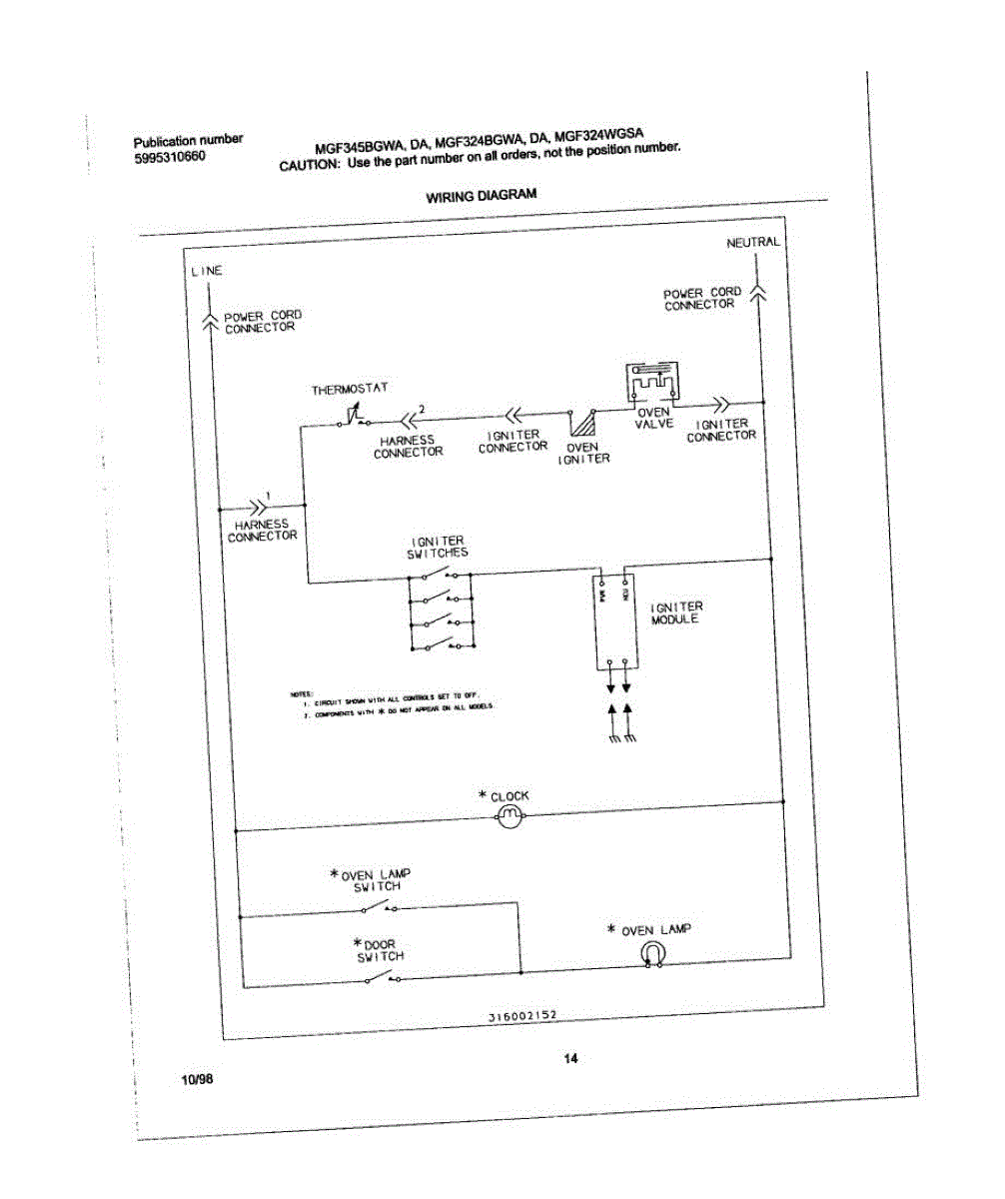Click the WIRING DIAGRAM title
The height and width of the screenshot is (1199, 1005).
tap(482, 196)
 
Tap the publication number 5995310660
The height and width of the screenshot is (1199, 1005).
tap(170, 157)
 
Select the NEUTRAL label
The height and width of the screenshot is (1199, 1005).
tap(752, 243)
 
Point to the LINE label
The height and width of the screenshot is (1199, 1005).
tap(206, 271)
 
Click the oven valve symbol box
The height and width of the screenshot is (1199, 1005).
tap(651, 385)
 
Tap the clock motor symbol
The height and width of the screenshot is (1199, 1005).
tap(509, 818)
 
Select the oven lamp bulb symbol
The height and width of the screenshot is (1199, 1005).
tap(651, 955)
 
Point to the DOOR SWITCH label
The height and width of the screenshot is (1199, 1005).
tap(381, 950)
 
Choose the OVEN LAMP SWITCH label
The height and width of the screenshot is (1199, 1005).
tap(376, 880)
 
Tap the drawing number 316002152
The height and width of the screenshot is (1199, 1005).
tap(521, 1015)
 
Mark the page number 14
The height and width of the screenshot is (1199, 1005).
tap(570, 1059)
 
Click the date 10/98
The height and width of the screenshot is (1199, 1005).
tap(198, 1081)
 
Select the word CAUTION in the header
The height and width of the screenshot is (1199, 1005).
tap(310, 165)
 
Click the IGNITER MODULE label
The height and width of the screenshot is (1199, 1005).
tap(676, 612)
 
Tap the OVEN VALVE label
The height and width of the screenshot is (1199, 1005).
tap(653, 418)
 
